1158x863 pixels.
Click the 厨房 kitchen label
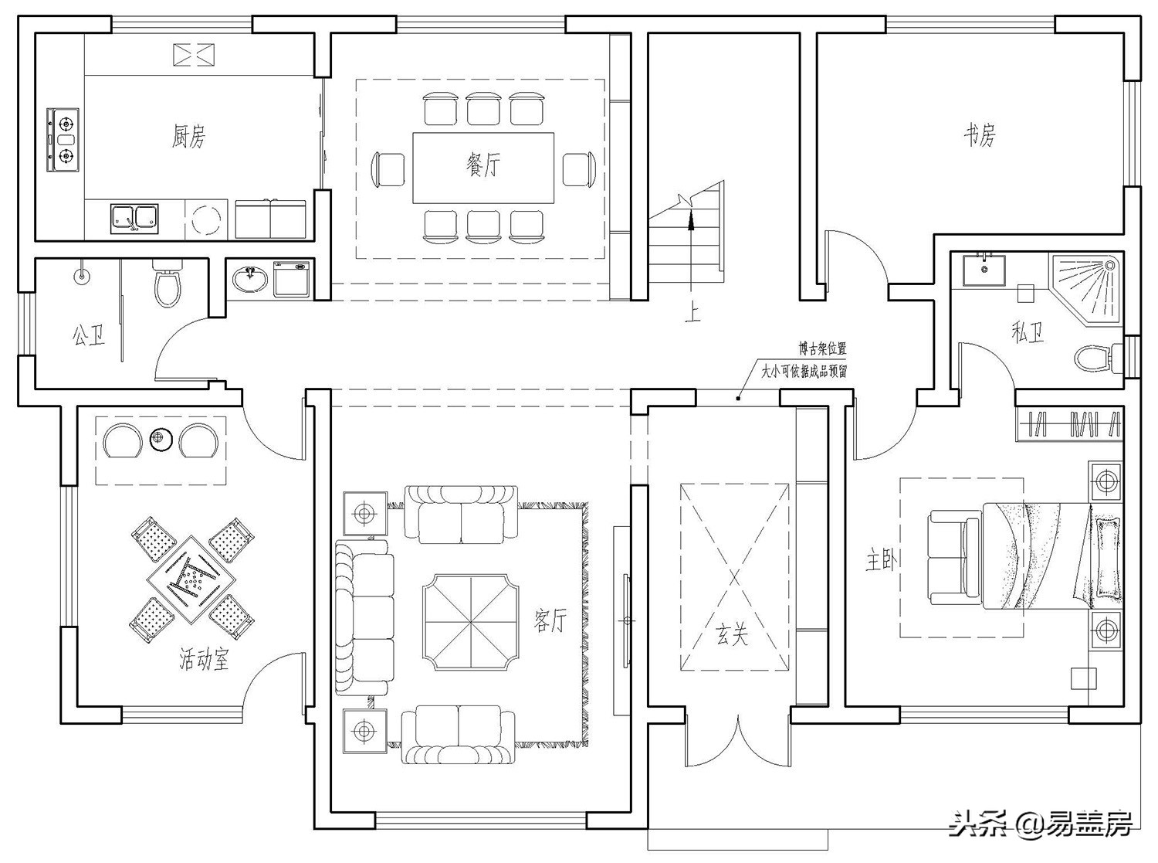(x=188, y=137)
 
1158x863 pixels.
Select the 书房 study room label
(x=980, y=135)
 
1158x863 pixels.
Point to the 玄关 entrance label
(x=730, y=635)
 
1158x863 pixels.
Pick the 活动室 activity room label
(x=204, y=660)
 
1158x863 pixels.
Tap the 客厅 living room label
(x=550, y=620)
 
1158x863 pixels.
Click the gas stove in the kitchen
(x=64, y=139)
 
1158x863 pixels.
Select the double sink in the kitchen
(x=134, y=217)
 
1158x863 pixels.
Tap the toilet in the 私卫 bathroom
(x=1093, y=358)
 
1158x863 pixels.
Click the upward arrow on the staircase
(x=690, y=224)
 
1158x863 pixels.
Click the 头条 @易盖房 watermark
(x=1042, y=824)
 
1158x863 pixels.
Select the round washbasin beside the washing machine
(x=249, y=279)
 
